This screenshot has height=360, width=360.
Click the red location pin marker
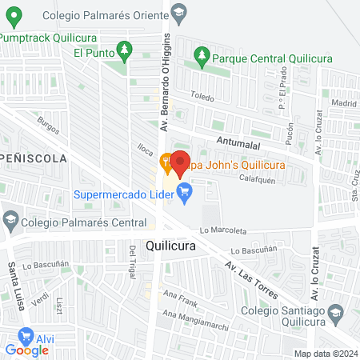(x=179, y=160)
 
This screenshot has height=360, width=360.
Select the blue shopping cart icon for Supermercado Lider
(x=186, y=191)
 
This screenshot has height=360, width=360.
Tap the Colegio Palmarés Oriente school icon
(x=178, y=11)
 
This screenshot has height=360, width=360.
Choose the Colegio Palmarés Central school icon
(x=11, y=218)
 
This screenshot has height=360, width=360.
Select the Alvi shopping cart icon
(x=26, y=335)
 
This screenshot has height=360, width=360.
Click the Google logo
(x=26, y=350)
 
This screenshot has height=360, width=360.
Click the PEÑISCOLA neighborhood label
(x=33, y=158)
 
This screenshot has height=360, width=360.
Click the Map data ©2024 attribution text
(x=324, y=354)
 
